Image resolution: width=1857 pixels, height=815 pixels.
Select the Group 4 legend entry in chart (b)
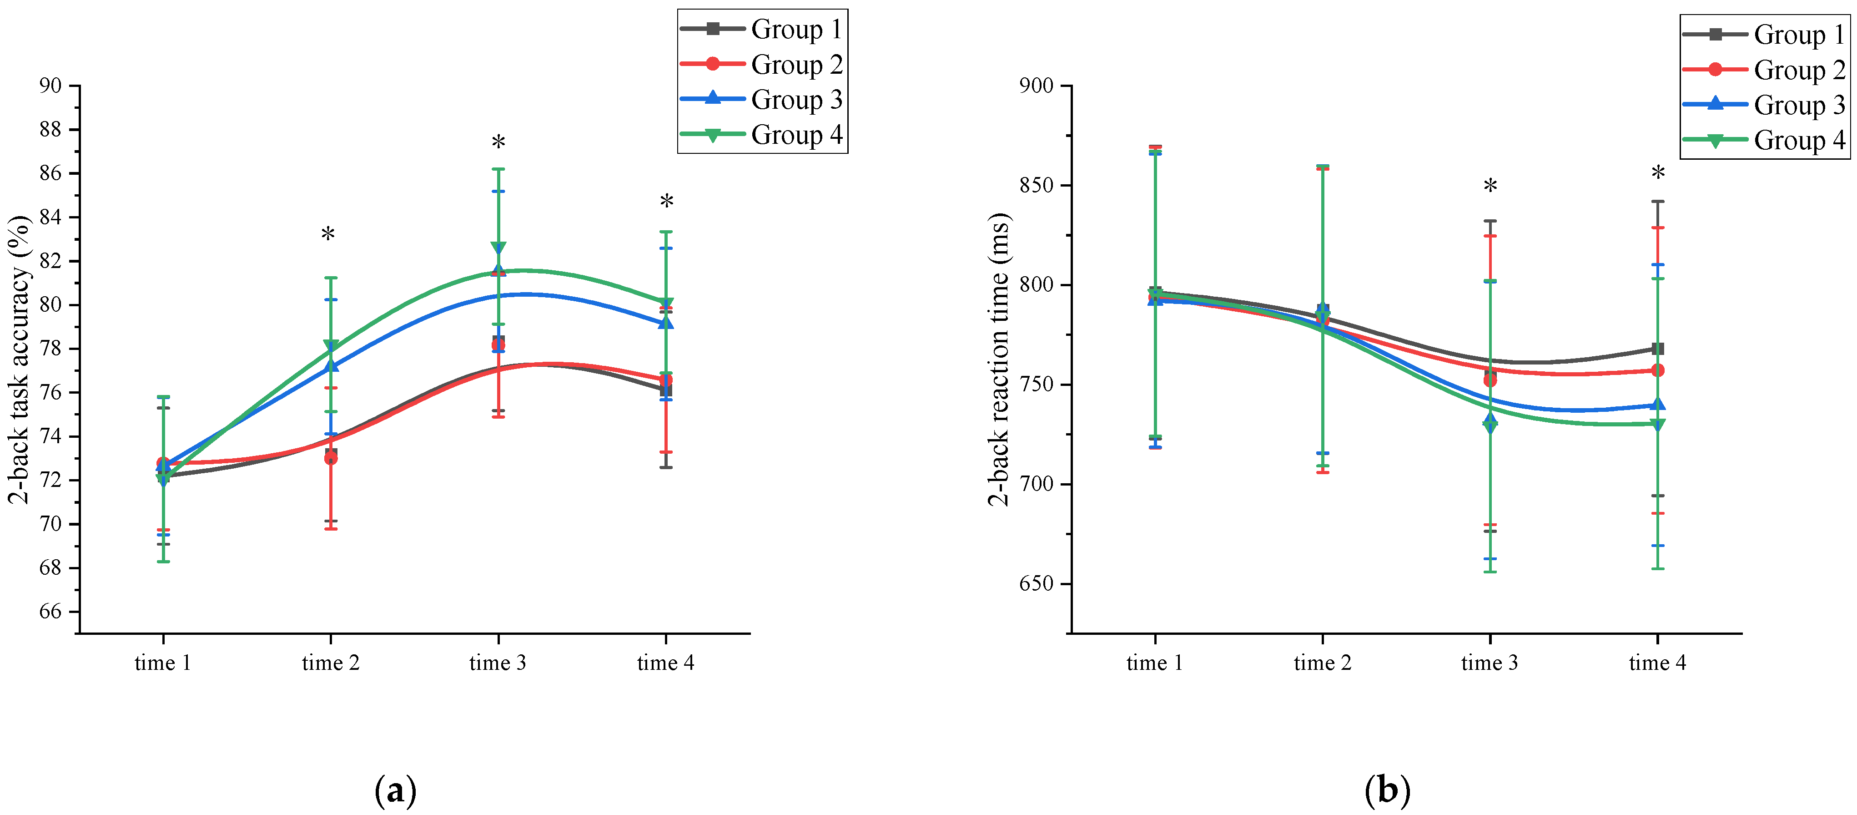(x=1765, y=140)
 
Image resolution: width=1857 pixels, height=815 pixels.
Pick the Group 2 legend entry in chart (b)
(x=1765, y=70)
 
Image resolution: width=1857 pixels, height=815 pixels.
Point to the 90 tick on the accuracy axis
(x=50, y=86)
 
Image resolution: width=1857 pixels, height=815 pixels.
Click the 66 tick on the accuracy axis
(x=50, y=612)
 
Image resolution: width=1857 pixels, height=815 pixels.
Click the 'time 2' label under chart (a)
(x=330, y=663)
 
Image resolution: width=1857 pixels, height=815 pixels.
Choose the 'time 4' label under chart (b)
(x=1657, y=663)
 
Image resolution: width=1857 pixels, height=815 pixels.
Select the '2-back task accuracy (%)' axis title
(x=20, y=359)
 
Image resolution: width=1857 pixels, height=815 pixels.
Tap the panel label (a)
(x=396, y=790)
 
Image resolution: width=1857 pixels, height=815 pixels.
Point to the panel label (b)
(x=1387, y=790)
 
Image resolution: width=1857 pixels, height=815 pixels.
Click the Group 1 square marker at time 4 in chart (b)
(x=1657, y=349)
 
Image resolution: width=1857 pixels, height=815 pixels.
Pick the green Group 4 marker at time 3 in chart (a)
(x=498, y=248)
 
